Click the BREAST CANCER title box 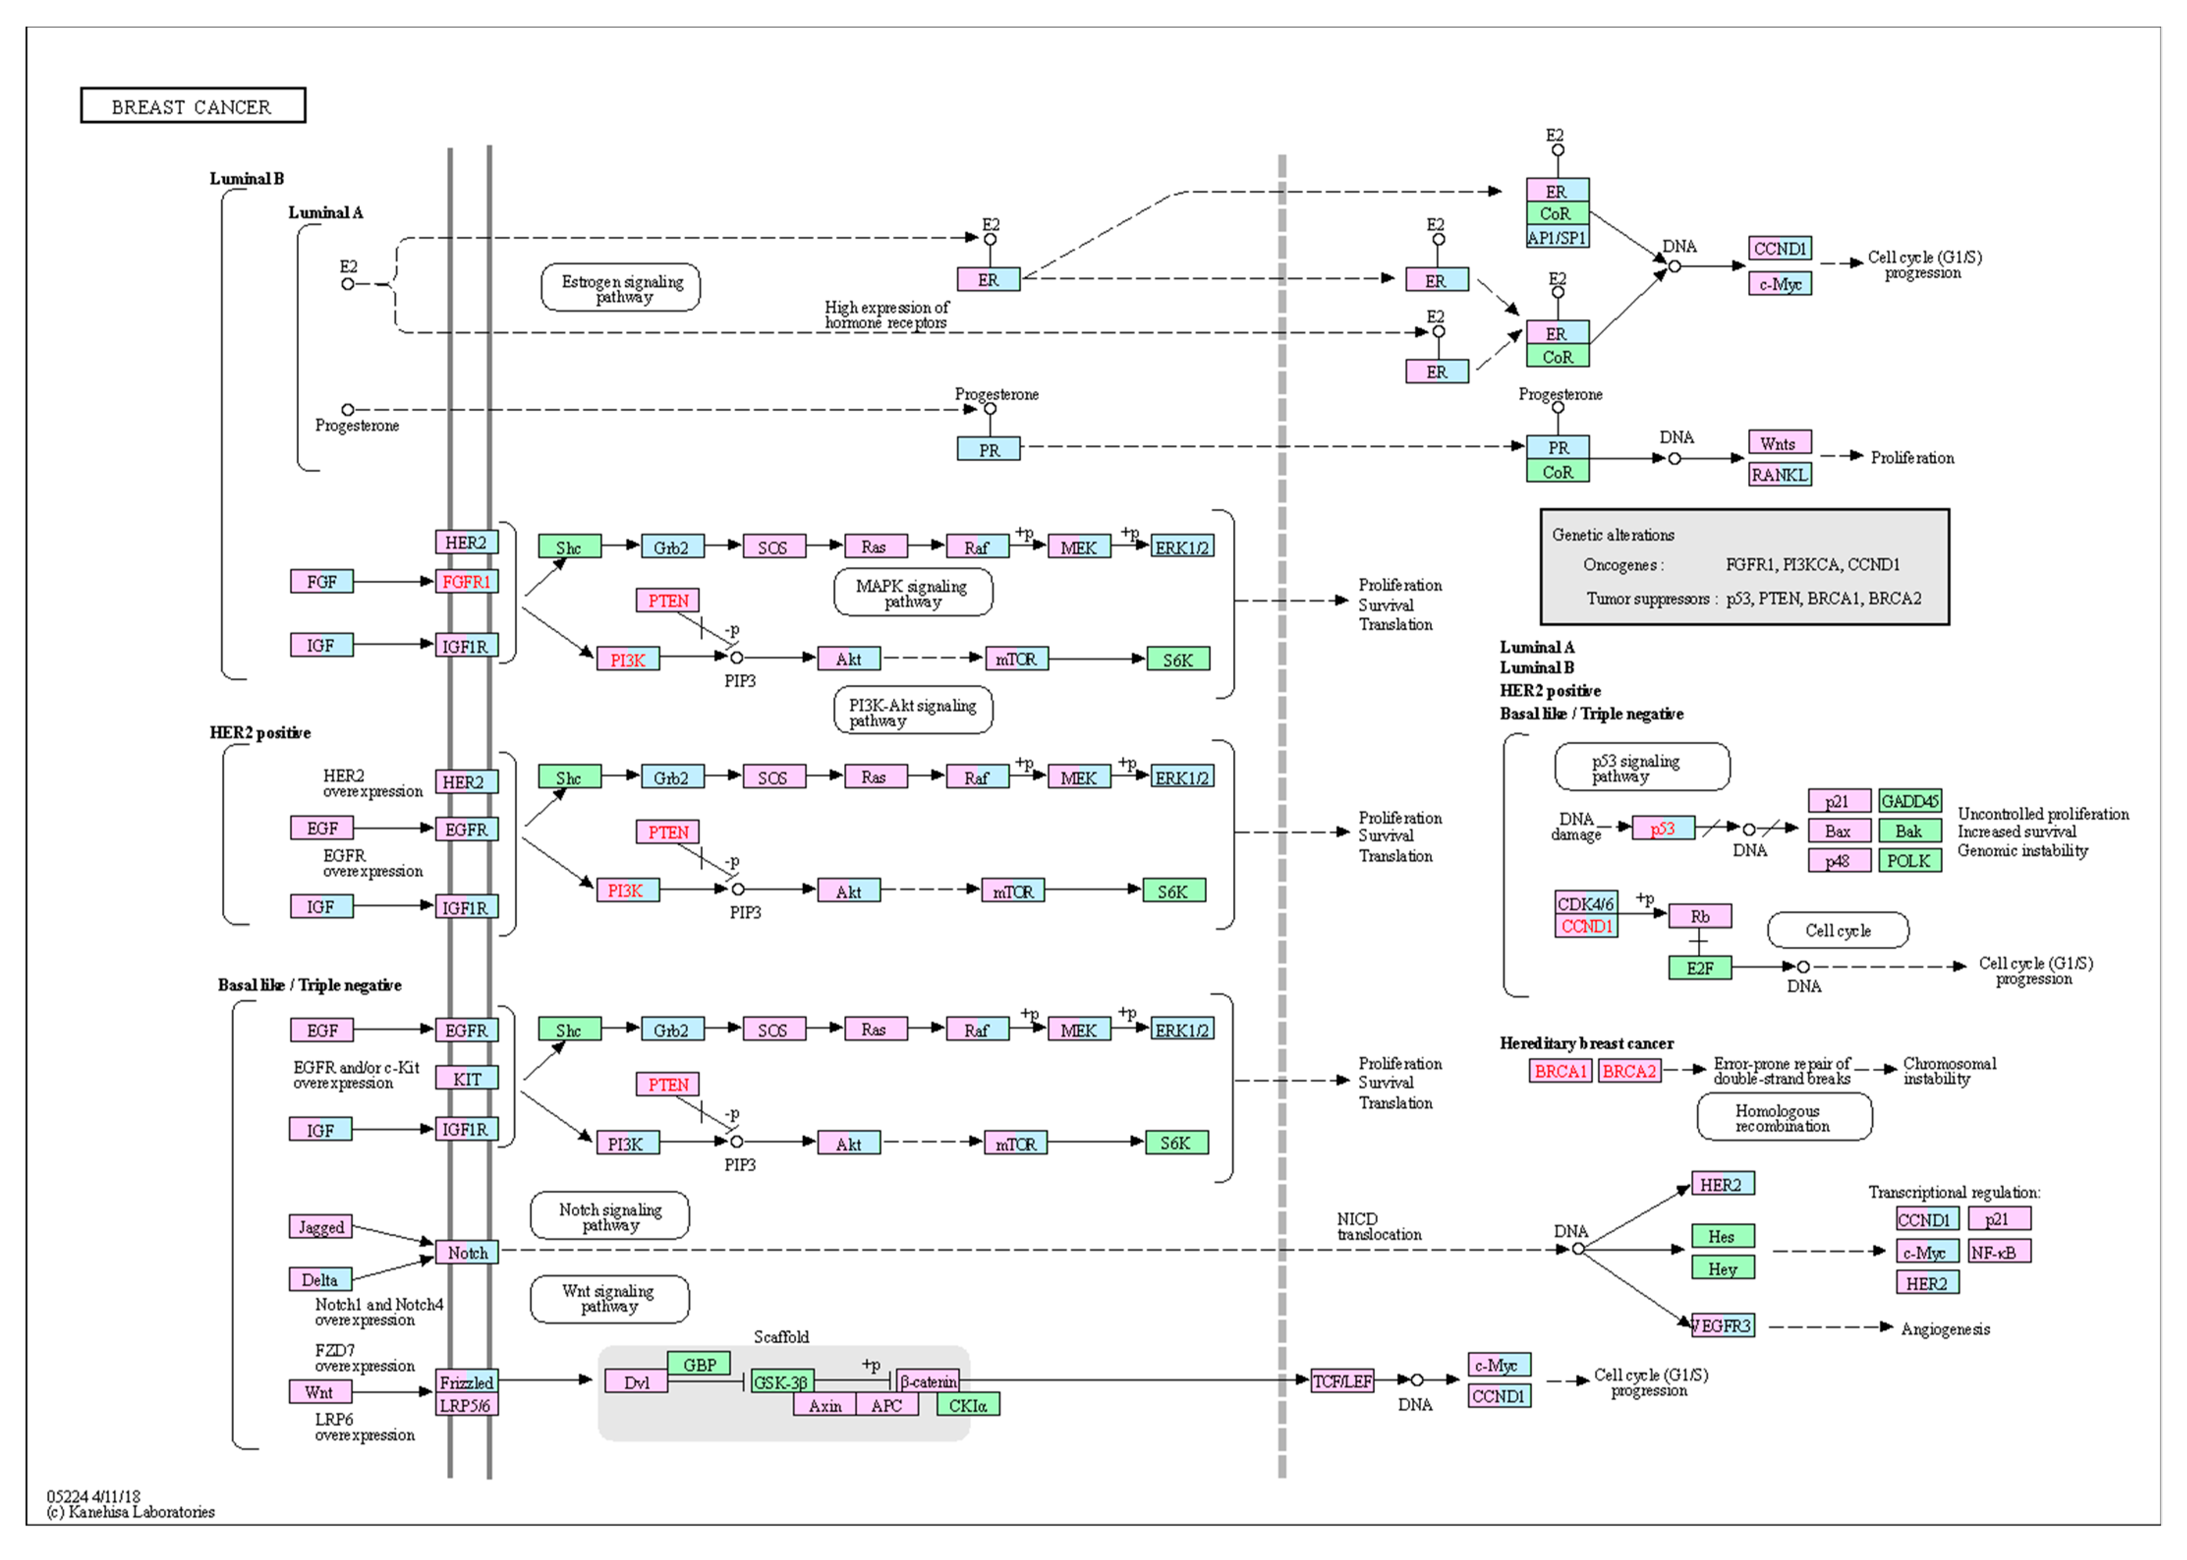point(192,106)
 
